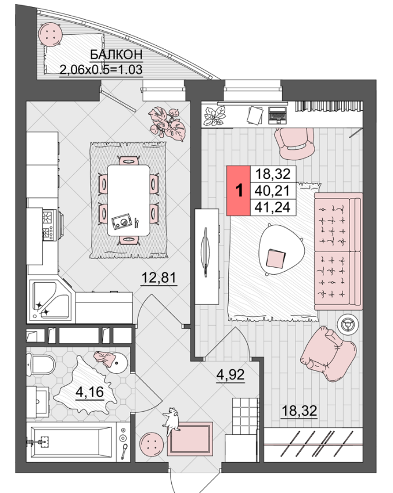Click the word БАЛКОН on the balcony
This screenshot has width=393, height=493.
coord(116,55)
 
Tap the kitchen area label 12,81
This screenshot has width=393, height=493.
coord(159,278)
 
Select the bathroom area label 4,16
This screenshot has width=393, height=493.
coord(90,392)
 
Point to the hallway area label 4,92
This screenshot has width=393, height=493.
coord(230,375)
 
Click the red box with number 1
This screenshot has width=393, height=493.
coord(239,190)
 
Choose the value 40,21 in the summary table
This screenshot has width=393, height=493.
coord(273,190)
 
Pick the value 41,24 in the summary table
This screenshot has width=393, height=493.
coord(273,207)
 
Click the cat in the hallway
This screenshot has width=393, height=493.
coord(171,420)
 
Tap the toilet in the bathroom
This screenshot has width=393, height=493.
coord(41,365)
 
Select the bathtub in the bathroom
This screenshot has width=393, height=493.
coord(71,442)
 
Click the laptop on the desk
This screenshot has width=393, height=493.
coord(277,115)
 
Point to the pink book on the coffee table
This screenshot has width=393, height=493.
coord(276,258)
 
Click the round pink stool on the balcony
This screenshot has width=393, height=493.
coord(51,34)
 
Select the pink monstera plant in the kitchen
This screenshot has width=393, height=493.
coord(167,122)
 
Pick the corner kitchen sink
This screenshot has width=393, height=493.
coord(51,301)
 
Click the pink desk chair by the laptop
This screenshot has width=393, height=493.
coord(294,143)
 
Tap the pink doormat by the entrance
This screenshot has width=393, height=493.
coord(190,439)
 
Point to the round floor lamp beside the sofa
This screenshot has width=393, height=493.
coord(348,324)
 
